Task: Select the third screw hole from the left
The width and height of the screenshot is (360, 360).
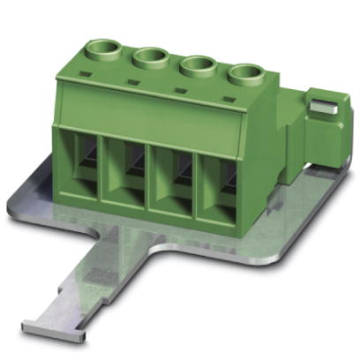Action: coord(199,67)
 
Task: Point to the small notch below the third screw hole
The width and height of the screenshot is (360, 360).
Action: coord(181,89)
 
